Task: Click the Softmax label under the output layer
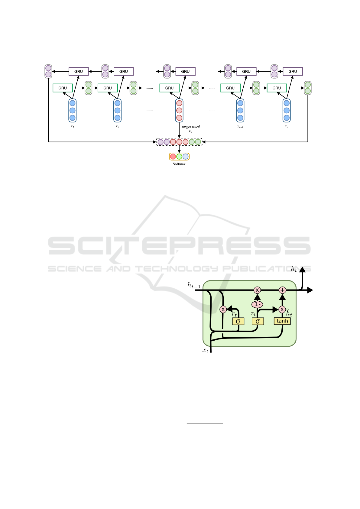pos(179,164)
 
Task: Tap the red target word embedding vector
pos(179,110)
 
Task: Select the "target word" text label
pos(191,127)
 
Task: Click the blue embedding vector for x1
pos(72,110)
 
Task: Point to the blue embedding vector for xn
pos(287,110)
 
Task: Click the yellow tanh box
pos(282,321)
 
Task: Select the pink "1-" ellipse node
pos(257,304)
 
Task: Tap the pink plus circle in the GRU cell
pos(282,290)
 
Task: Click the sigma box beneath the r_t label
pos(238,321)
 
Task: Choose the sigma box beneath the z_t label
pos(258,321)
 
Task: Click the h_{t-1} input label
pos(194,285)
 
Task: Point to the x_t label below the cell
pos(205,350)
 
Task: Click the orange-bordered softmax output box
pos(179,157)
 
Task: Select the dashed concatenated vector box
pos(179,142)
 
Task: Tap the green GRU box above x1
pos(63,88)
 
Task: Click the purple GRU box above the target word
pos(185,71)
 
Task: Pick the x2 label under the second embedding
pos(117,127)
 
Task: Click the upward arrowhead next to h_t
pos(302,270)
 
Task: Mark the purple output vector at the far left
pos(48,71)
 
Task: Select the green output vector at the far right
pos(307,88)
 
